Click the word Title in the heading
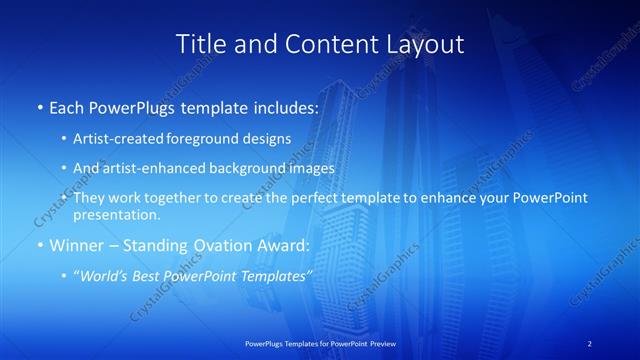(x=200, y=44)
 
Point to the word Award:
(x=284, y=246)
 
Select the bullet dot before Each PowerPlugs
(x=39, y=107)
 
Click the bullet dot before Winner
(x=39, y=246)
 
